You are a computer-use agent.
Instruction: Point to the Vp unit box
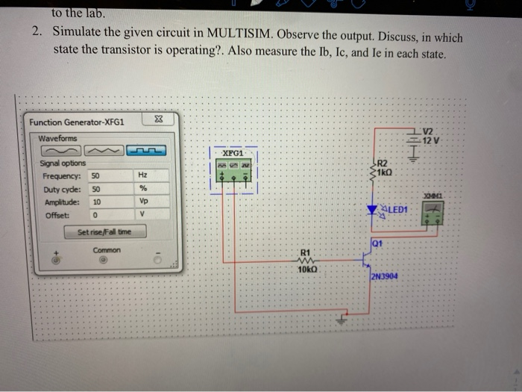click(143, 202)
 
